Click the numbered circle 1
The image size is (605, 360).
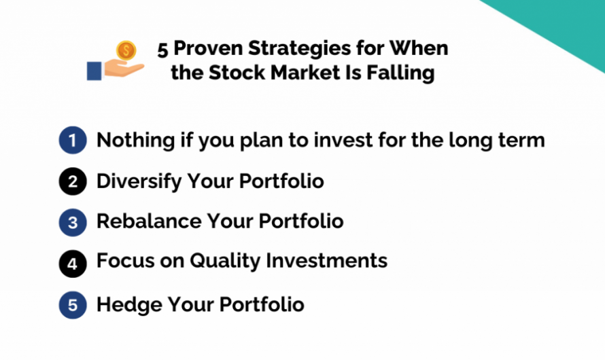[73, 141]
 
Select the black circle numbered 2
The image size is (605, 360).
[73, 182]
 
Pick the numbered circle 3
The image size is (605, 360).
[73, 222]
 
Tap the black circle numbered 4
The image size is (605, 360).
[73, 262]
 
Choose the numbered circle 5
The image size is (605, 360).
[73, 305]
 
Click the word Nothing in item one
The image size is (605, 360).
[135, 141]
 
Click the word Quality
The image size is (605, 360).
[221, 261]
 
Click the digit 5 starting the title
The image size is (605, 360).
[162, 50]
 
